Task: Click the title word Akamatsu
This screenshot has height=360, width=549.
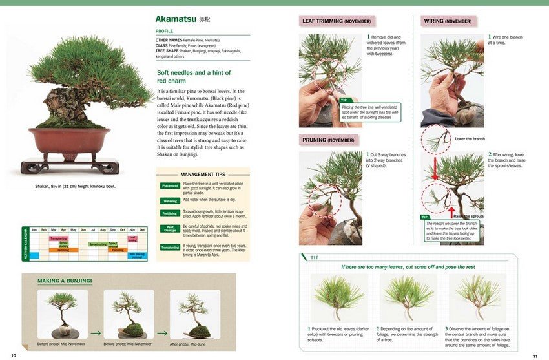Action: pos(176,19)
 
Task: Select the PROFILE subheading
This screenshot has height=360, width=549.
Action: pos(164,31)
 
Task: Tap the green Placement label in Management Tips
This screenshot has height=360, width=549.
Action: pos(170,185)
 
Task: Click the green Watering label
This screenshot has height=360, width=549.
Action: pos(170,200)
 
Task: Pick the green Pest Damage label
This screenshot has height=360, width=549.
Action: pos(170,228)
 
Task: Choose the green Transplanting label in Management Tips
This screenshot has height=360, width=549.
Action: pos(170,247)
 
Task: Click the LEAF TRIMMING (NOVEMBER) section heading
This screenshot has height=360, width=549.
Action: pos(336,21)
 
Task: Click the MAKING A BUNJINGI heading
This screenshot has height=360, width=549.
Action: pos(65,281)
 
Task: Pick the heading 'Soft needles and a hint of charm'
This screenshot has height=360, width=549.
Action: pos(194,77)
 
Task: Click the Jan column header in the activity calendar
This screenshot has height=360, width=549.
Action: pos(34,230)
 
